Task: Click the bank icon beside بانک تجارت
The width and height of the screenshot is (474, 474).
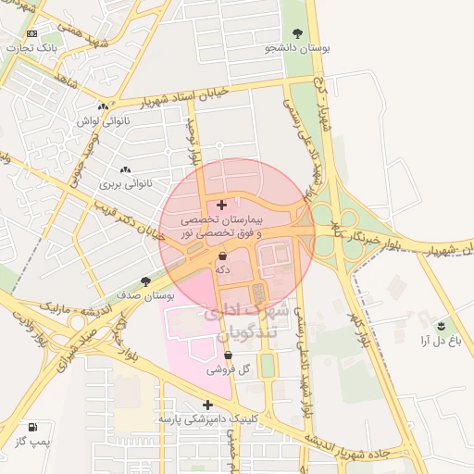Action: [32, 33]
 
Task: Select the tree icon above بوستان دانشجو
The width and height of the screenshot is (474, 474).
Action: [298, 31]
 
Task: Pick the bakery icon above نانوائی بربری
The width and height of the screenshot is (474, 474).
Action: [125, 169]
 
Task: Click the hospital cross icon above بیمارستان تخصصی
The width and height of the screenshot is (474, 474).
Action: [221, 204]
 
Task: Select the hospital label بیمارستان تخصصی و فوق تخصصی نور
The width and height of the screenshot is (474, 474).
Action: [221, 228]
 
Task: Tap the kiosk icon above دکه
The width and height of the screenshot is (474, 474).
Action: [223, 255]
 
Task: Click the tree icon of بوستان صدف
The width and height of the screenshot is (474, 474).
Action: [145, 281]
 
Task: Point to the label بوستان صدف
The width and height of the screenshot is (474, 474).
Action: [146, 295]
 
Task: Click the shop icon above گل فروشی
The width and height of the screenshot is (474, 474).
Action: [228, 355]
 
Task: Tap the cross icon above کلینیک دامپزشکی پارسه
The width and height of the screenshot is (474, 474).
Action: [208, 405]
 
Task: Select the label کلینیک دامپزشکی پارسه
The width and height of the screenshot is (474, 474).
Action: [207, 419]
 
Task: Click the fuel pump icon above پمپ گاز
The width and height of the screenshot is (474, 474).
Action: [33, 428]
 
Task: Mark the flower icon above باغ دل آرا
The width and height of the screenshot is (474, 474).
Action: [441, 326]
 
